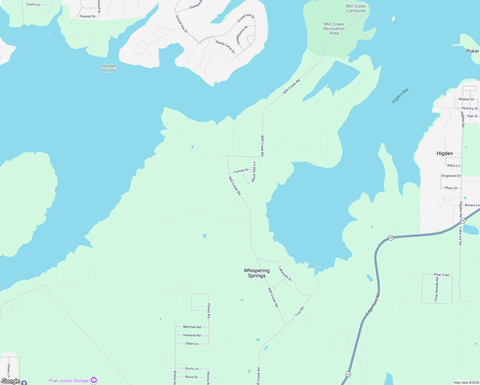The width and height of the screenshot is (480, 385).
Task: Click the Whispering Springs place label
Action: click(257, 273)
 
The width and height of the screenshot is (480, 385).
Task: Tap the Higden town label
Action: click(445, 153)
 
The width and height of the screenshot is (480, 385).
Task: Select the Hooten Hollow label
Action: click(109, 68)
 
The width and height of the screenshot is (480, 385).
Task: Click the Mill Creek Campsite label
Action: click(356, 8)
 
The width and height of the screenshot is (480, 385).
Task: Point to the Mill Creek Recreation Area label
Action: click(334, 29)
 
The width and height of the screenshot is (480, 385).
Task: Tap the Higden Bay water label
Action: click(400, 96)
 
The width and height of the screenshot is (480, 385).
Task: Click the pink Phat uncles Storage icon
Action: click(94, 380)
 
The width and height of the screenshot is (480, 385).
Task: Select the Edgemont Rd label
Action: click(373, 304)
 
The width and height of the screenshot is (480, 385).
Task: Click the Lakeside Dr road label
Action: click(285, 274)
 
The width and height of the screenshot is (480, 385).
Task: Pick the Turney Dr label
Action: click(241, 171)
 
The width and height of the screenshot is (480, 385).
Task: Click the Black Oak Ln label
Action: click(254, 172)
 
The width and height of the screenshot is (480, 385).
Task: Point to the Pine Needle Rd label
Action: click(436, 289)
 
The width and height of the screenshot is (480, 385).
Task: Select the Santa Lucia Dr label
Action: click(225, 47)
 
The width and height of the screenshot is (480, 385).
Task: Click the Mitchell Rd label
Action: click(192, 327)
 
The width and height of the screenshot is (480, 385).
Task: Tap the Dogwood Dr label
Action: click(451, 176)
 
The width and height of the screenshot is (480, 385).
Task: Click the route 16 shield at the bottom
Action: click(348, 374)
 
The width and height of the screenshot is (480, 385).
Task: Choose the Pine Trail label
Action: click(441, 275)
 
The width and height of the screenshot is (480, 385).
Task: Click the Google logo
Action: click(11, 381)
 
